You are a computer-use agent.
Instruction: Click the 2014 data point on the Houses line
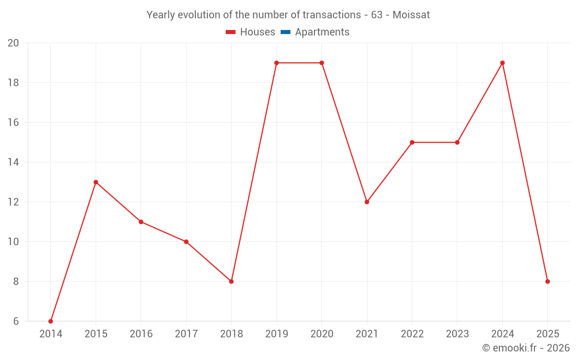(x=51, y=321)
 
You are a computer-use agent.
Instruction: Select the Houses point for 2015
(x=96, y=182)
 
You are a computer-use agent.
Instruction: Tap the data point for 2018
(x=232, y=281)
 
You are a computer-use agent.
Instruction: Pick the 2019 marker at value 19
(x=276, y=63)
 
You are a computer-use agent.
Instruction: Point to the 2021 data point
(x=367, y=202)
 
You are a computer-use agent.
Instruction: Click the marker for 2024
(x=502, y=63)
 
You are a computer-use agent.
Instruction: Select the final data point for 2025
(x=547, y=281)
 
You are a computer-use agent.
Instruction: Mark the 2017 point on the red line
(x=186, y=241)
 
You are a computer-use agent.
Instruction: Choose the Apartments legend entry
(x=322, y=32)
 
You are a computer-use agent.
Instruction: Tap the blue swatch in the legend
(x=285, y=32)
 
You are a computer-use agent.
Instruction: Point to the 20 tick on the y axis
(x=13, y=43)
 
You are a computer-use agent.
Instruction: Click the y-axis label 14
(x=13, y=162)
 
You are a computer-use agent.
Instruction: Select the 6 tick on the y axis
(x=16, y=321)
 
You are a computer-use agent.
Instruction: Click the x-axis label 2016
(x=141, y=334)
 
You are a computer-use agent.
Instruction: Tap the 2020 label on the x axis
(x=321, y=334)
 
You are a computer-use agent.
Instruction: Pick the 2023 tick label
(x=457, y=334)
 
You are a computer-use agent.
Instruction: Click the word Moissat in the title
(x=411, y=15)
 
